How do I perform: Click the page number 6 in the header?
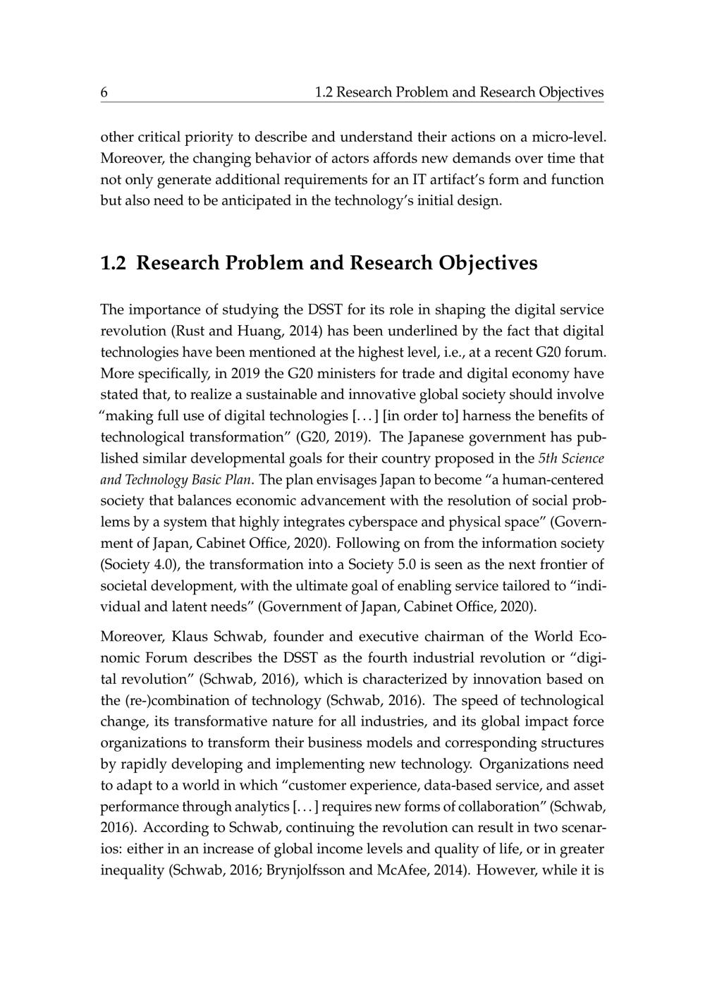pyautogui.click(x=104, y=92)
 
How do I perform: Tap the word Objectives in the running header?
pyautogui.click(x=571, y=92)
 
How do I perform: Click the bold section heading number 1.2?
pyautogui.click(x=114, y=263)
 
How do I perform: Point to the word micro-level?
pyautogui.click(x=569, y=136)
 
